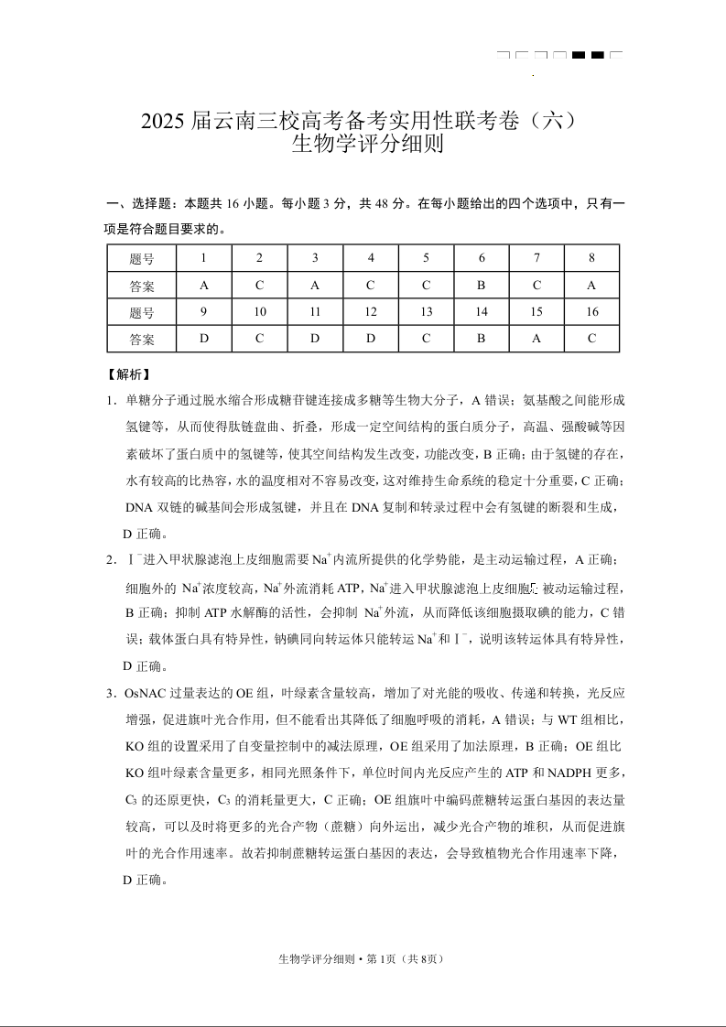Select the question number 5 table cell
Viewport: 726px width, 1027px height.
pyautogui.click(x=426, y=258)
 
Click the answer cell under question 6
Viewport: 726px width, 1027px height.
pyautogui.click(x=482, y=285)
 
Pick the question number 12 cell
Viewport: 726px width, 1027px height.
pyautogui.click(x=371, y=312)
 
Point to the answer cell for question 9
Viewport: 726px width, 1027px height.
pyautogui.click(x=204, y=339)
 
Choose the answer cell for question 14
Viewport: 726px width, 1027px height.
pyautogui.click(x=482, y=339)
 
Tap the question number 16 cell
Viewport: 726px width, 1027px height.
pyautogui.click(x=591, y=312)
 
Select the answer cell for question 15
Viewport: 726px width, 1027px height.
pyautogui.click(x=536, y=339)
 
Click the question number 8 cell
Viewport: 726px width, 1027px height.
pyautogui.click(x=591, y=258)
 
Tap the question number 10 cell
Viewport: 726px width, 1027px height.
pyautogui.click(x=260, y=312)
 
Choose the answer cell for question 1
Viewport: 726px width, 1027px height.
pyautogui.click(x=204, y=285)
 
